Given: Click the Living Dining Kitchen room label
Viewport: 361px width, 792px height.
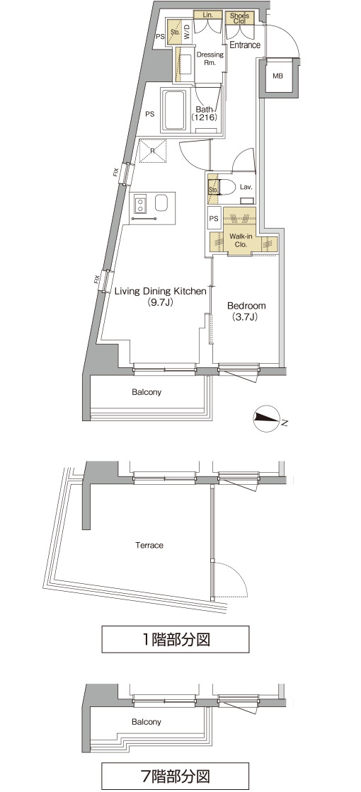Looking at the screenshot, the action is coord(160,297).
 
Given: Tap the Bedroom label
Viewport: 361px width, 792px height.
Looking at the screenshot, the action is coord(246,311).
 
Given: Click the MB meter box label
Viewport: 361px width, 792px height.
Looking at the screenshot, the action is coord(277,76).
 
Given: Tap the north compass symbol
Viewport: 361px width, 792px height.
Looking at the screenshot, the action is coord(268,419).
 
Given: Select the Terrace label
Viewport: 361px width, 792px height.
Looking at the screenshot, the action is coord(149,546).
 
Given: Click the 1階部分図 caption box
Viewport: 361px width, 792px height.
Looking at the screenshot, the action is coord(176,639).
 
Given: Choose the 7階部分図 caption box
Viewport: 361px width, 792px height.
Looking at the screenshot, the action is coord(176,776).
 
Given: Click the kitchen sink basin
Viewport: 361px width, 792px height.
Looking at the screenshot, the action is coord(162,204).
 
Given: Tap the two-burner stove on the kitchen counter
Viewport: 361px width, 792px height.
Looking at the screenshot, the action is coord(140,204).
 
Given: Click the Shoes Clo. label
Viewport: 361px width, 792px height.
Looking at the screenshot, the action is coord(238,18).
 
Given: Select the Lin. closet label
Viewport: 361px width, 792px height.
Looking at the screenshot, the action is coord(207,15).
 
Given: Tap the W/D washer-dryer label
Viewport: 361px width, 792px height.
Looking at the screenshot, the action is coord(187,32).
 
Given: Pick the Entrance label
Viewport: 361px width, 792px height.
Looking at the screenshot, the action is coord(245,45).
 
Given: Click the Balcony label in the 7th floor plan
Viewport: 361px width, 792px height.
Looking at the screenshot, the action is coord(147,722).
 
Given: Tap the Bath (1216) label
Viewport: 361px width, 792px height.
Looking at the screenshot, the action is coord(204,113).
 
